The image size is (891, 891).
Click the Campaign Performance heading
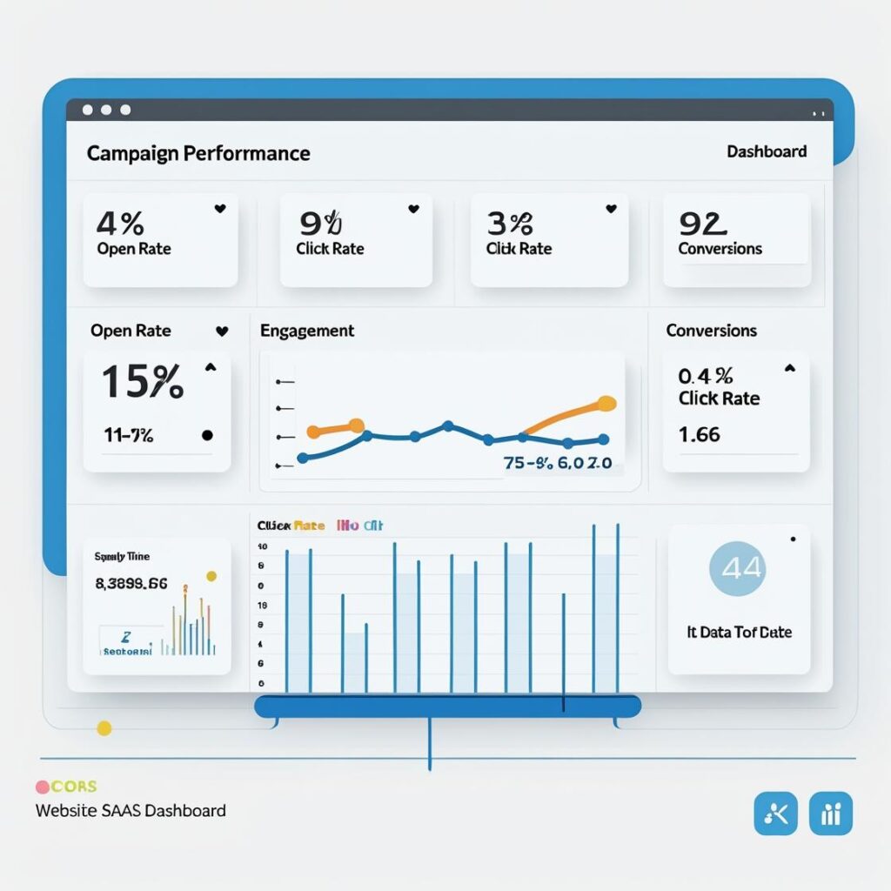(198, 153)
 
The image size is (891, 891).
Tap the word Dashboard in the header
(767, 151)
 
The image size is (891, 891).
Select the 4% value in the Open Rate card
(120, 224)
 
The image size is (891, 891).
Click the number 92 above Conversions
(702, 224)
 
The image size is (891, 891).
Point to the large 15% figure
(143, 382)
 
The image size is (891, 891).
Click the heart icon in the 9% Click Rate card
(413, 209)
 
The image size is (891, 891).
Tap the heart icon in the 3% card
(611, 209)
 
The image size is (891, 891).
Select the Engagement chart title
(307, 331)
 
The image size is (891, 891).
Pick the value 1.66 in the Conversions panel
(700, 433)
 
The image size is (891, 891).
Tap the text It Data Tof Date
(739, 632)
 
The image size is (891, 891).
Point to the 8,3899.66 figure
(131, 584)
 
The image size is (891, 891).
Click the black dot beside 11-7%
(207, 435)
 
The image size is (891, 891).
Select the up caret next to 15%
(210, 368)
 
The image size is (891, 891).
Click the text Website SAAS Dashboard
(131, 810)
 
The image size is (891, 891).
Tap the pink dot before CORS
(42, 787)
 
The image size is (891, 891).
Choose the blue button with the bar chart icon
(830, 814)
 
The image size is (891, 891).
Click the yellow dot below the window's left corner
(104, 728)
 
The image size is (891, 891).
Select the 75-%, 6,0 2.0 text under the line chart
(558, 464)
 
